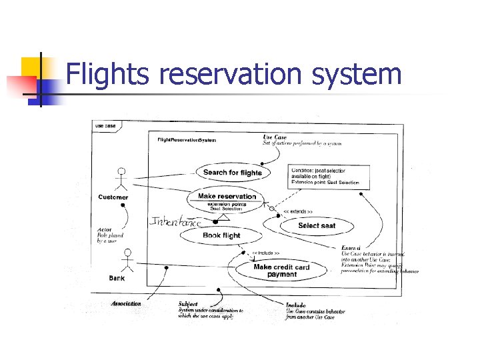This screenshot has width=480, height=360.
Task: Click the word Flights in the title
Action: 109,75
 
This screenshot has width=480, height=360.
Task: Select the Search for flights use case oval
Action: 233,173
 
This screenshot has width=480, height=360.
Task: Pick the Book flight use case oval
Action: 221,236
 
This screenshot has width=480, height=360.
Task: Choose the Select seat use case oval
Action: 317,225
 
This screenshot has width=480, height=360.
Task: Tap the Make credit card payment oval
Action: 282,271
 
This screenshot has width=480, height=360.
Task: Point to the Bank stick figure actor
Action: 129,261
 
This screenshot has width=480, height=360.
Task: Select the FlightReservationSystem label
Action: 187,141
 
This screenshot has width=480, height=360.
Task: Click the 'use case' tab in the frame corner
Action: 105,126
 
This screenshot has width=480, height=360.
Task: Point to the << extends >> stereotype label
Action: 299,211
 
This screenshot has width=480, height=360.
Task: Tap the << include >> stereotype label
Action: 265,253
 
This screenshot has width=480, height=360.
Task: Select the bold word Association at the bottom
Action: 127,303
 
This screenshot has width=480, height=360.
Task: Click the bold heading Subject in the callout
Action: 188,304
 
